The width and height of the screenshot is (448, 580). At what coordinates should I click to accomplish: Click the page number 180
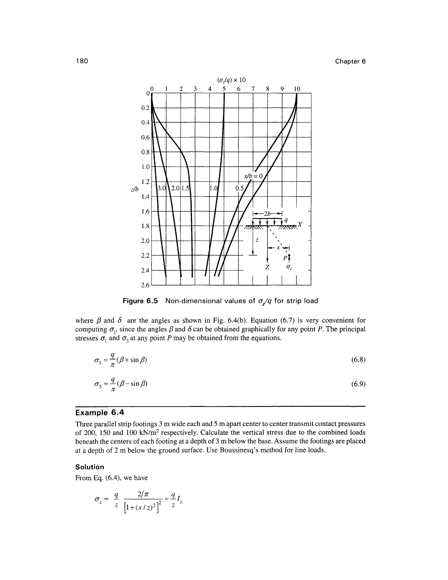[x=82, y=61]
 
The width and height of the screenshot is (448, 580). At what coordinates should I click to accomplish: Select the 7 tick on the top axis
[x=253, y=89]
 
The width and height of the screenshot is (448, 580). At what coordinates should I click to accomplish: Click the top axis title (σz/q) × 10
[x=231, y=80]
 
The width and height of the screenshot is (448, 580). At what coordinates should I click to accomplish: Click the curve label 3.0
[x=161, y=188]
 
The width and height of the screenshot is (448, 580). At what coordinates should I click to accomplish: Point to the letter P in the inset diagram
[x=285, y=258]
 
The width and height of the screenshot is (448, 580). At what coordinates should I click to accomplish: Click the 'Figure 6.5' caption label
[x=140, y=301]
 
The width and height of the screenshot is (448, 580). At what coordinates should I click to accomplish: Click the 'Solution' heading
[x=90, y=467]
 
